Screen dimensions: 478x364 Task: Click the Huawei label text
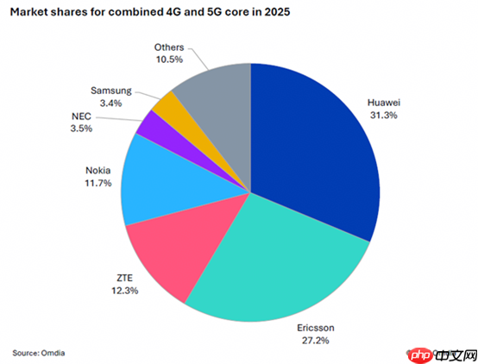pyautogui.click(x=384, y=103)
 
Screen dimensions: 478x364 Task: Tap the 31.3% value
pyautogui.click(x=384, y=116)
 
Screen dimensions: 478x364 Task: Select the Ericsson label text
pyautogui.click(x=316, y=328)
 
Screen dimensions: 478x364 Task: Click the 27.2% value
pyautogui.click(x=316, y=340)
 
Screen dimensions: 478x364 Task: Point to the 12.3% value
pyautogui.click(x=125, y=291)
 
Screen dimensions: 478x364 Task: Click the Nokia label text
pyautogui.click(x=97, y=171)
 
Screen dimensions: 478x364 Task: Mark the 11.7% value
pyautogui.click(x=98, y=183)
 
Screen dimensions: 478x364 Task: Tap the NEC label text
pyautogui.click(x=81, y=116)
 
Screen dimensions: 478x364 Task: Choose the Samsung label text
pyautogui.click(x=111, y=91)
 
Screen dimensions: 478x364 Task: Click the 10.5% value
pyautogui.click(x=169, y=60)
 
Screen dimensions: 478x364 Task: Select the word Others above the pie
pyautogui.click(x=169, y=47)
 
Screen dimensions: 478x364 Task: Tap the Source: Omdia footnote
pyautogui.click(x=39, y=353)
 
